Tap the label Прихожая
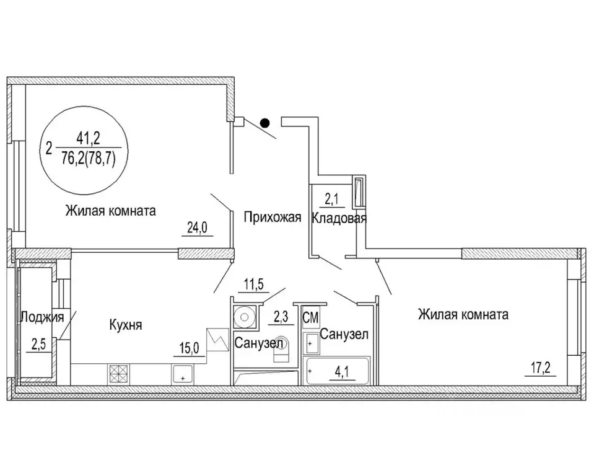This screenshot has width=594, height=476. pyautogui.click(x=272, y=218)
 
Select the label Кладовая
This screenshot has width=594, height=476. pyautogui.click(x=339, y=218)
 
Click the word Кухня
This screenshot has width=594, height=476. pyautogui.click(x=126, y=325)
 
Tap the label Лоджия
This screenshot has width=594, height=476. pyautogui.click(x=42, y=317)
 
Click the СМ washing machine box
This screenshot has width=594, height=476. pyautogui.click(x=310, y=319)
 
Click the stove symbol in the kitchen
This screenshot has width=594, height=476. pyautogui.click(x=118, y=373)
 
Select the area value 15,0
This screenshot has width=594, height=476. pyautogui.click(x=190, y=347)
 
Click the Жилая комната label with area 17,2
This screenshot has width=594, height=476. pyautogui.click(x=463, y=315)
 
